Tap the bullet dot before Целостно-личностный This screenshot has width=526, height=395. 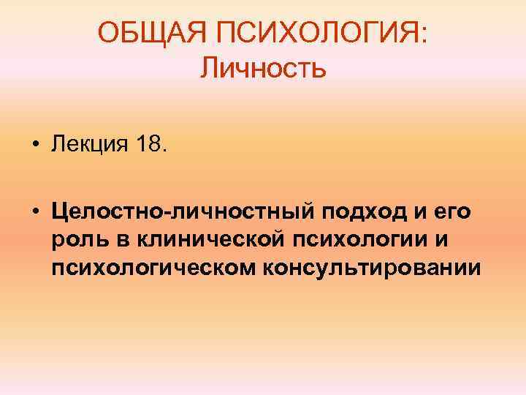35,213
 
